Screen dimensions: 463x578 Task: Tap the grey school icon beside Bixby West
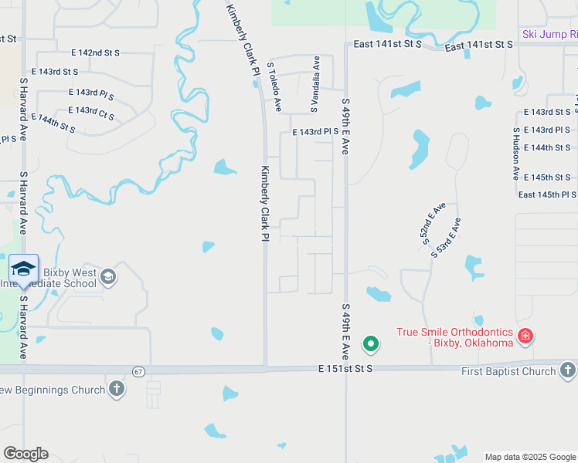108,276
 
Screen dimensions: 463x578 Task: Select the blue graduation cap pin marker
23,269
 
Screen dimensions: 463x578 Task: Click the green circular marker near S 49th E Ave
371,343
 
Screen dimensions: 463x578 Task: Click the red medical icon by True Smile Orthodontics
525,336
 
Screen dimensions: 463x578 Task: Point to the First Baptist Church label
508,371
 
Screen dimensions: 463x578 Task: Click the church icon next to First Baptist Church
567,371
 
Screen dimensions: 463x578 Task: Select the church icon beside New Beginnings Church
116,390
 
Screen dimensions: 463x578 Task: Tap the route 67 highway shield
138,371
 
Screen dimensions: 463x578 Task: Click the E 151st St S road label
345,370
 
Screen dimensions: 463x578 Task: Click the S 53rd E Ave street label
446,237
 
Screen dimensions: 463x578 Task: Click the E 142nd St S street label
95,53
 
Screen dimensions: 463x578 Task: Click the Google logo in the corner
25,454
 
